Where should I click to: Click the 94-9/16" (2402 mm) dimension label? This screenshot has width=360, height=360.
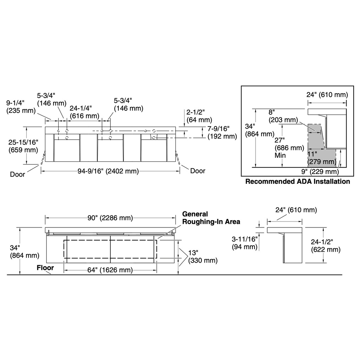108,171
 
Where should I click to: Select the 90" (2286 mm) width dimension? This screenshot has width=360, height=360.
110,218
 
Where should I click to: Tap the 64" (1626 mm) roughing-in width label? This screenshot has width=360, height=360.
110,270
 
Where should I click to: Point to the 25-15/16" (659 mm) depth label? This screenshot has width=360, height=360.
23,146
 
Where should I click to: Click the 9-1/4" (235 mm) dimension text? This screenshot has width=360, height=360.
21,107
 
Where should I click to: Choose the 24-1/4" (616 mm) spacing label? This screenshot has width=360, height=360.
84,112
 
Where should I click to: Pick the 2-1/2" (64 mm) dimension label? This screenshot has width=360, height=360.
199,116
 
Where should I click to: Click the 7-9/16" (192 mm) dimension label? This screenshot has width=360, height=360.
222,133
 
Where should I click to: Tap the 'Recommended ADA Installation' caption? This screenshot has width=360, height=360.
297,181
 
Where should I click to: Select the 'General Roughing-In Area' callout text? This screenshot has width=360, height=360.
211,218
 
